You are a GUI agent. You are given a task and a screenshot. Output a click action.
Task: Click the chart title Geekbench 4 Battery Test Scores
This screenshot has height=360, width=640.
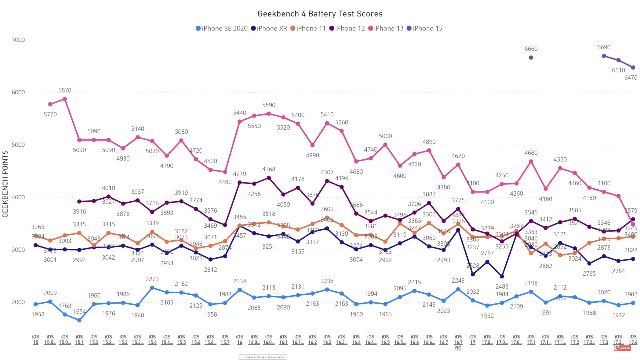pos(320,14)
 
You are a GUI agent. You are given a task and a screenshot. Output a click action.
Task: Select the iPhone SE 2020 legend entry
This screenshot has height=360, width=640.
pos(222,28)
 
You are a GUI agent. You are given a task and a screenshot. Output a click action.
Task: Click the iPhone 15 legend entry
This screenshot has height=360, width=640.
pos(425,28)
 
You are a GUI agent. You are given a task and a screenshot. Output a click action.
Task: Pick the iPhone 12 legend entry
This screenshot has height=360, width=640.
pos(347,28)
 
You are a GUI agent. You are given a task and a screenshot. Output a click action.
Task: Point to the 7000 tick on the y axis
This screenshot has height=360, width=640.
pos(18,40)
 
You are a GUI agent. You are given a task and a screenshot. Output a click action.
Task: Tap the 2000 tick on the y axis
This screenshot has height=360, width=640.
pos(18,302)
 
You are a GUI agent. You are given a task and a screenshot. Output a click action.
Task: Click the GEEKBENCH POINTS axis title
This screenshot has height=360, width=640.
pos(5,184)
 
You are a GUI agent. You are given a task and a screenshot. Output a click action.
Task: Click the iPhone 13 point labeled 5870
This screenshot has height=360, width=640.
pos(65,99)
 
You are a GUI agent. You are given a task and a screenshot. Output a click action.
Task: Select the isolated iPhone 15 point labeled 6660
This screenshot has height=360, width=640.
pos(531,58)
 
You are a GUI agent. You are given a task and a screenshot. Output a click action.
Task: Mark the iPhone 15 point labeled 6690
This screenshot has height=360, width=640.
pos(604,56)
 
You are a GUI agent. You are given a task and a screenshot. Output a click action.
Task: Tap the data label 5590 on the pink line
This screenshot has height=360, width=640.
pos(269,105)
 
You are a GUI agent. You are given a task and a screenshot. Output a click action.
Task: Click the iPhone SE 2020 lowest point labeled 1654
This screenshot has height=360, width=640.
pos(79,320)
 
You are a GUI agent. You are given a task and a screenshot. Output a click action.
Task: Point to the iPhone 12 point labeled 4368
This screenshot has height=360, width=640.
pos(269,178)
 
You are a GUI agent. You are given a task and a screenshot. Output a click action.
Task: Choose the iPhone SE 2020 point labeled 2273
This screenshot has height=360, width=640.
pos(152,288)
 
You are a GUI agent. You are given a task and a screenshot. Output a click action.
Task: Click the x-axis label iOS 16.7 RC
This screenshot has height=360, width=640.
pos(458,342)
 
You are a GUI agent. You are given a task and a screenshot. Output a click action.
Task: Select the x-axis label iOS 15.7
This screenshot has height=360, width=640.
pos(225,340)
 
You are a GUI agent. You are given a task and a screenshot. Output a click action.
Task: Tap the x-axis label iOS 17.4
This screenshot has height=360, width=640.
pos(633,340)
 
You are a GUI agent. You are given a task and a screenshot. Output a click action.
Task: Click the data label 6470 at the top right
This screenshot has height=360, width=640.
pos(630,78)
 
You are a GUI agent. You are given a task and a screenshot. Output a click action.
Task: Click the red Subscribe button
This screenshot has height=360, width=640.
pos(623,348)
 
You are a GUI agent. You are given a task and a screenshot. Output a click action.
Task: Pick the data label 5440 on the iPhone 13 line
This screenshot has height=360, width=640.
pos(240,113)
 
